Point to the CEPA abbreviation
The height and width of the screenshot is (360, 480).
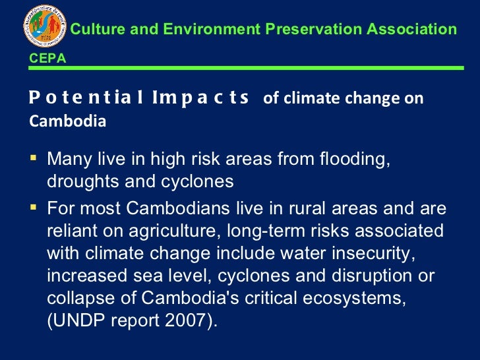tap(47, 59)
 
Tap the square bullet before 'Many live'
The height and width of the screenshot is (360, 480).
tap(34, 158)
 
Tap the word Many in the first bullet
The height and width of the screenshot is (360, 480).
tap(67, 160)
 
